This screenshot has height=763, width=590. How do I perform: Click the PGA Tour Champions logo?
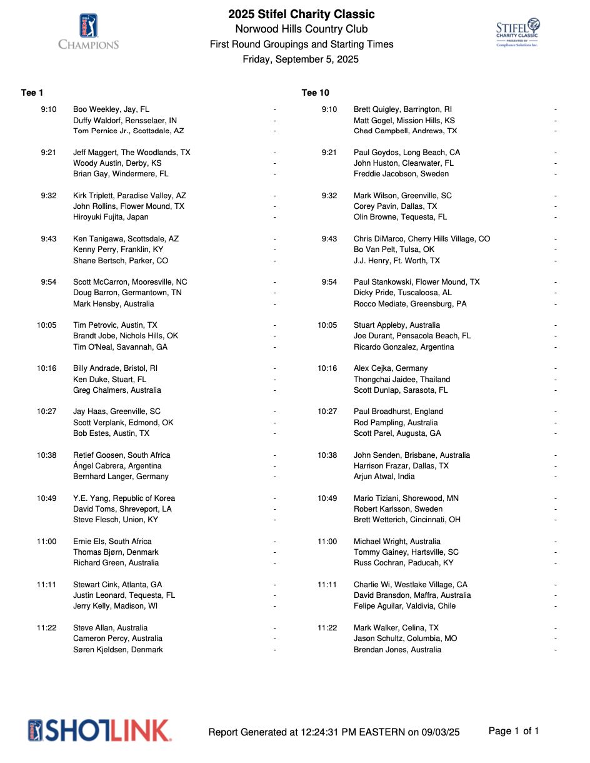88,32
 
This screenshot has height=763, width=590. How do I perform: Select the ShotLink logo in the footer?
100,730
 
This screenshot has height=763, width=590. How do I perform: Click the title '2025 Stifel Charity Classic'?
301,14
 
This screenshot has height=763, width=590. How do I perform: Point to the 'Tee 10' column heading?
315,93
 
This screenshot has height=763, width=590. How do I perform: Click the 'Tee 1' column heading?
32,93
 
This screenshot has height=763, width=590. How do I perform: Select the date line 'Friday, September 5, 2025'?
301,59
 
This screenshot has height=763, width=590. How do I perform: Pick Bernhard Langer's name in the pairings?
121,477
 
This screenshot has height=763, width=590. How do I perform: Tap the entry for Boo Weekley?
111,109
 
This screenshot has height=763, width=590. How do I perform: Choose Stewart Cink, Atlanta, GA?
117,585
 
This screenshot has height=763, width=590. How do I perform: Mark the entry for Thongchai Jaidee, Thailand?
402,380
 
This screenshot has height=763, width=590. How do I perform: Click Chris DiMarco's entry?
422,239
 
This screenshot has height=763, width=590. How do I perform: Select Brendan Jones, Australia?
397,650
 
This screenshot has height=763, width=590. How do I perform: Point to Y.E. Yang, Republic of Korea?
124,498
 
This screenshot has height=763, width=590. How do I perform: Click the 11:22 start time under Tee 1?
46,628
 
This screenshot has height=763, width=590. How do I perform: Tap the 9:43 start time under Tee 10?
329,239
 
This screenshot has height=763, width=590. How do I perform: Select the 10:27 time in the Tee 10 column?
327,412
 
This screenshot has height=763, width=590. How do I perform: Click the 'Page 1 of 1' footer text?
514,731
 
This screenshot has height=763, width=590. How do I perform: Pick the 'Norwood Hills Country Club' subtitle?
301,29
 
